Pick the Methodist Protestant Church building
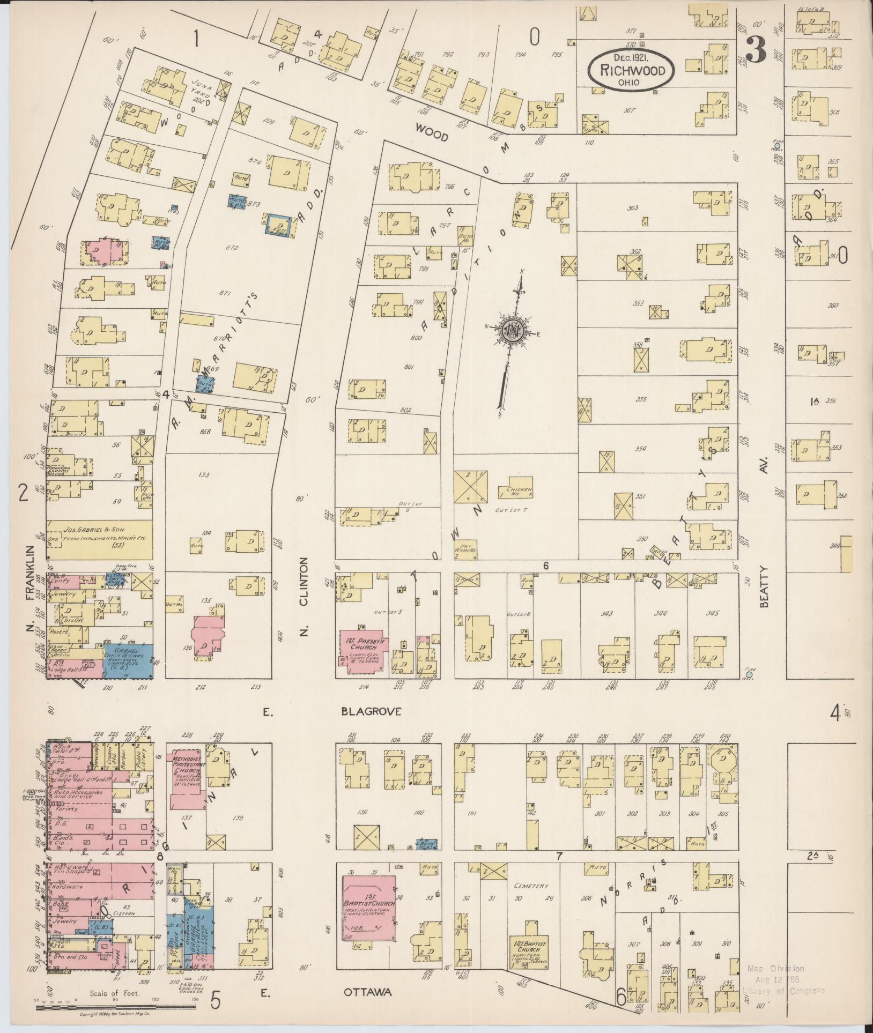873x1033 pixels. tap(185, 788)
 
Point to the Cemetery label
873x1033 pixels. tap(526, 886)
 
